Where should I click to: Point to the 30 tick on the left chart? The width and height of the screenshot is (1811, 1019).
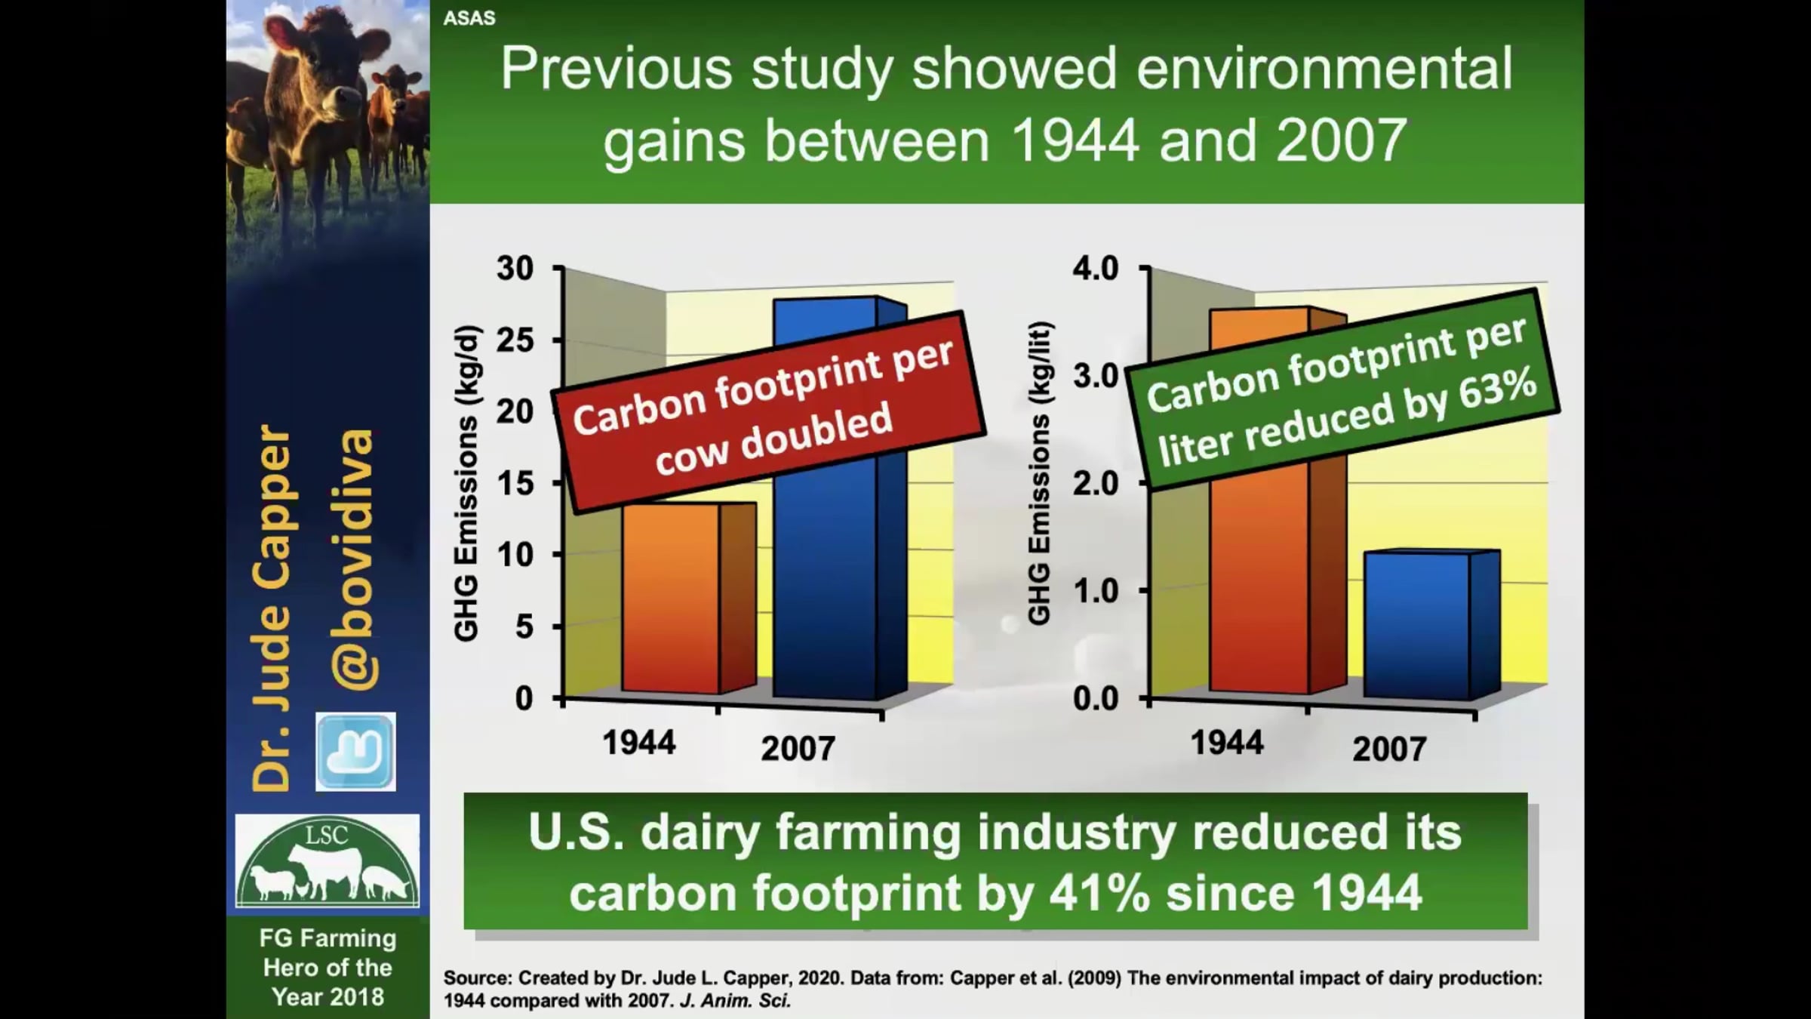click(x=515, y=268)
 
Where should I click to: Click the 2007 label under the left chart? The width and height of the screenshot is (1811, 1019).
click(x=798, y=748)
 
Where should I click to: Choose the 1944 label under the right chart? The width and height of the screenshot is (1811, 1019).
click(x=1227, y=743)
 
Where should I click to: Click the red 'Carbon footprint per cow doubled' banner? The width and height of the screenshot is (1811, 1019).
click(x=768, y=411)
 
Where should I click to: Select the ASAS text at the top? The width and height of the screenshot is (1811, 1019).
click(x=469, y=18)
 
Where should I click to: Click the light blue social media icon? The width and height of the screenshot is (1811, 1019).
click(x=355, y=752)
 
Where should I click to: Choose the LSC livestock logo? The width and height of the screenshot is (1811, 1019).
click(x=327, y=861)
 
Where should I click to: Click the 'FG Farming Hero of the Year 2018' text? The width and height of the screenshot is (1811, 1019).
click(x=327, y=968)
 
